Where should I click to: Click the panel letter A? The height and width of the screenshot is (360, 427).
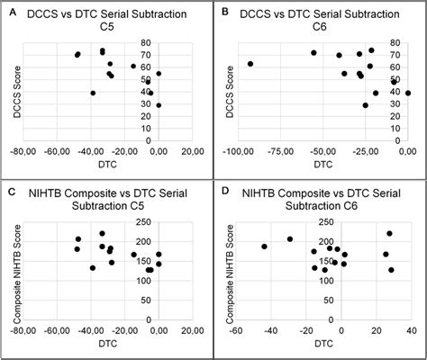(x=10, y=12)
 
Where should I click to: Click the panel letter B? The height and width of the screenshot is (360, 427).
(x=221, y=12)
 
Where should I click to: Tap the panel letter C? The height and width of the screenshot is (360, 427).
(x=10, y=192)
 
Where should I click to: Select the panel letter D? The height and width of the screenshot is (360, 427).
(x=221, y=192)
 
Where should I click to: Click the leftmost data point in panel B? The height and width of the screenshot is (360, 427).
(x=250, y=64)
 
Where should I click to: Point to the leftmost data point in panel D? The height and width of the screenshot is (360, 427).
(x=264, y=247)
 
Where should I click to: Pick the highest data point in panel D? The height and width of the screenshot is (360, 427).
(x=389, y=234)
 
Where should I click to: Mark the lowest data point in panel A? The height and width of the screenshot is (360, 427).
(x=159, y=105)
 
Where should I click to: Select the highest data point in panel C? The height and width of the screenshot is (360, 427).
(x=102, y=234)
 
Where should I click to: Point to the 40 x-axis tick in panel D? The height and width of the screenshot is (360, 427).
(x=411, y=331)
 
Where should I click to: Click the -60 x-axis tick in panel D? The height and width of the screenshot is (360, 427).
(x=237, y=331)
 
